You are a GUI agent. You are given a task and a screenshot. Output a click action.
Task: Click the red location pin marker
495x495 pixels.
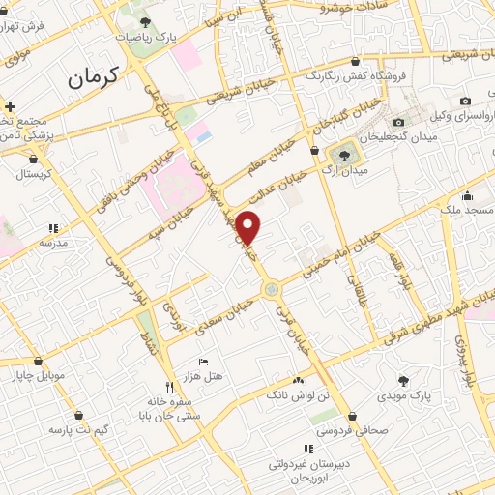249,227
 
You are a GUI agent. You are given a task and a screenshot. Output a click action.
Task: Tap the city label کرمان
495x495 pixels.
93,80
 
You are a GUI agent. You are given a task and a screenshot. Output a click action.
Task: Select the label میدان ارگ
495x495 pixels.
342,173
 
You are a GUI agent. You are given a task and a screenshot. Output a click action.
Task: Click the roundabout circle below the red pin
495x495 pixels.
273,287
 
